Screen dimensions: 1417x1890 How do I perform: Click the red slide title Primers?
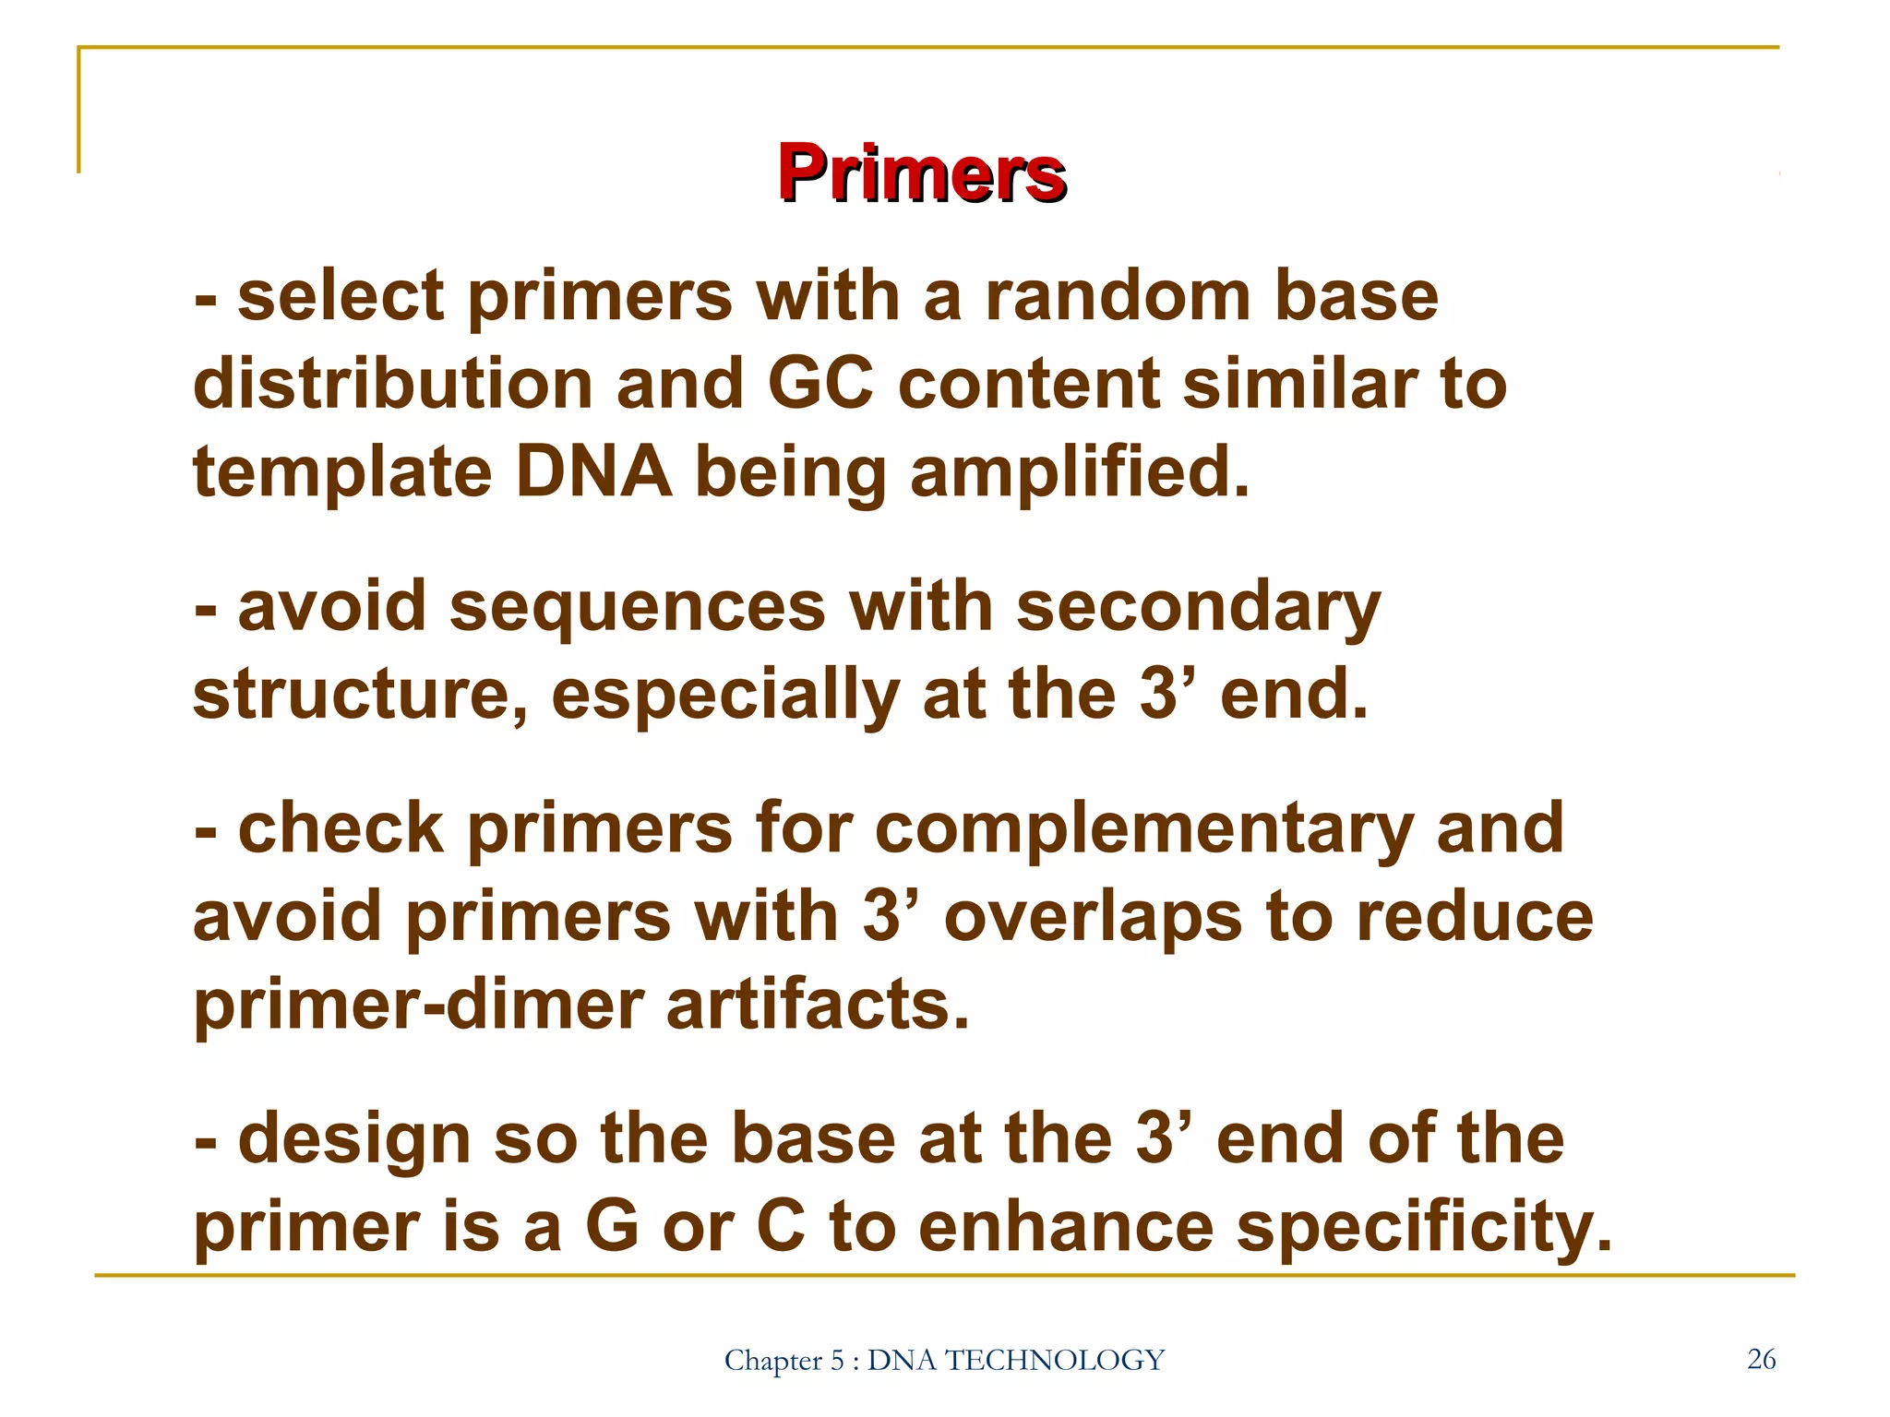922,173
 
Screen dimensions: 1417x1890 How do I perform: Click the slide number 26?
1761,1359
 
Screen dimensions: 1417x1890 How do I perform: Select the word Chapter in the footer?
772,1361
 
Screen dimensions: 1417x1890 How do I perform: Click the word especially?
724,697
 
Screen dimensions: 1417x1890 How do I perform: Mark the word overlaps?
1094,918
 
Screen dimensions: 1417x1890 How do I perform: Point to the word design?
354,1140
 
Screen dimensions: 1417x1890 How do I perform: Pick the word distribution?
392,384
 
